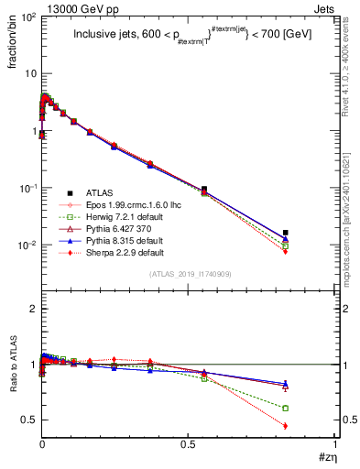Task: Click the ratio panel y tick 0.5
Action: (x=27, y=420)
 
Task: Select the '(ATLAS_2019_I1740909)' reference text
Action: (x=189, y=274)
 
